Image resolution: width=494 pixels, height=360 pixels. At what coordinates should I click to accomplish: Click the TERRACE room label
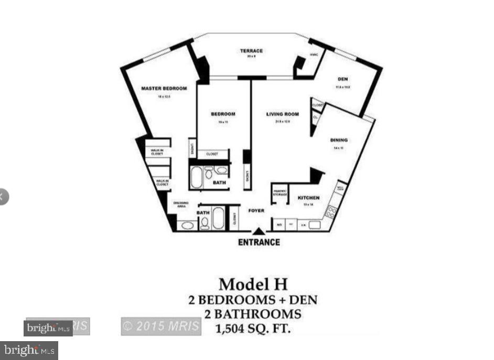click(x=251, y=51)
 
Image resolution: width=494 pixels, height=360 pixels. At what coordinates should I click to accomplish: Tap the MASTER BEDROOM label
click(x=164, y=89)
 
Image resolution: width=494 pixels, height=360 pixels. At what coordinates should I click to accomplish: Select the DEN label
click(x=342, y=80)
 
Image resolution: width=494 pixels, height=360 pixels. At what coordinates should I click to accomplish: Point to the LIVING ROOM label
click(x=282, y=114)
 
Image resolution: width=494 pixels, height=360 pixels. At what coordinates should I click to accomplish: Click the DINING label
click(x=339, y=140)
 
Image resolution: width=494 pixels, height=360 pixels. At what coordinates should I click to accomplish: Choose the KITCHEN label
click(x=308, y=198)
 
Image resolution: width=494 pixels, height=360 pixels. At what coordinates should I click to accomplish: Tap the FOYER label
click(x=256, y=211)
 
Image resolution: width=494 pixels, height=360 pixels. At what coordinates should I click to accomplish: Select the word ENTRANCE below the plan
click(x=259, y=242)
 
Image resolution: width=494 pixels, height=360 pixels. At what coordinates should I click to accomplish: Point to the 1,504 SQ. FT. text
click(x=252, y=329)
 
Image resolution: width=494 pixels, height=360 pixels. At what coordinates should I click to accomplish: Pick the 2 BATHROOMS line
click(x=252, y=314)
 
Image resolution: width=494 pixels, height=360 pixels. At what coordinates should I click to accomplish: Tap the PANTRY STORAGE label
click(x=280, y=193)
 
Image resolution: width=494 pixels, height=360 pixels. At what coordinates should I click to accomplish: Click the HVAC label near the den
click(x=314, y=55)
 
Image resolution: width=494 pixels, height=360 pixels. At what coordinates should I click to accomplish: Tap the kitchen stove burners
click(x=331, y=212)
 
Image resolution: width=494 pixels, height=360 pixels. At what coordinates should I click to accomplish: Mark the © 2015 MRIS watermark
click(x=161, y=326)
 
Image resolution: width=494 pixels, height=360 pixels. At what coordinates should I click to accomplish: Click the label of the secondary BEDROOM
click(x=223, y=114)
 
